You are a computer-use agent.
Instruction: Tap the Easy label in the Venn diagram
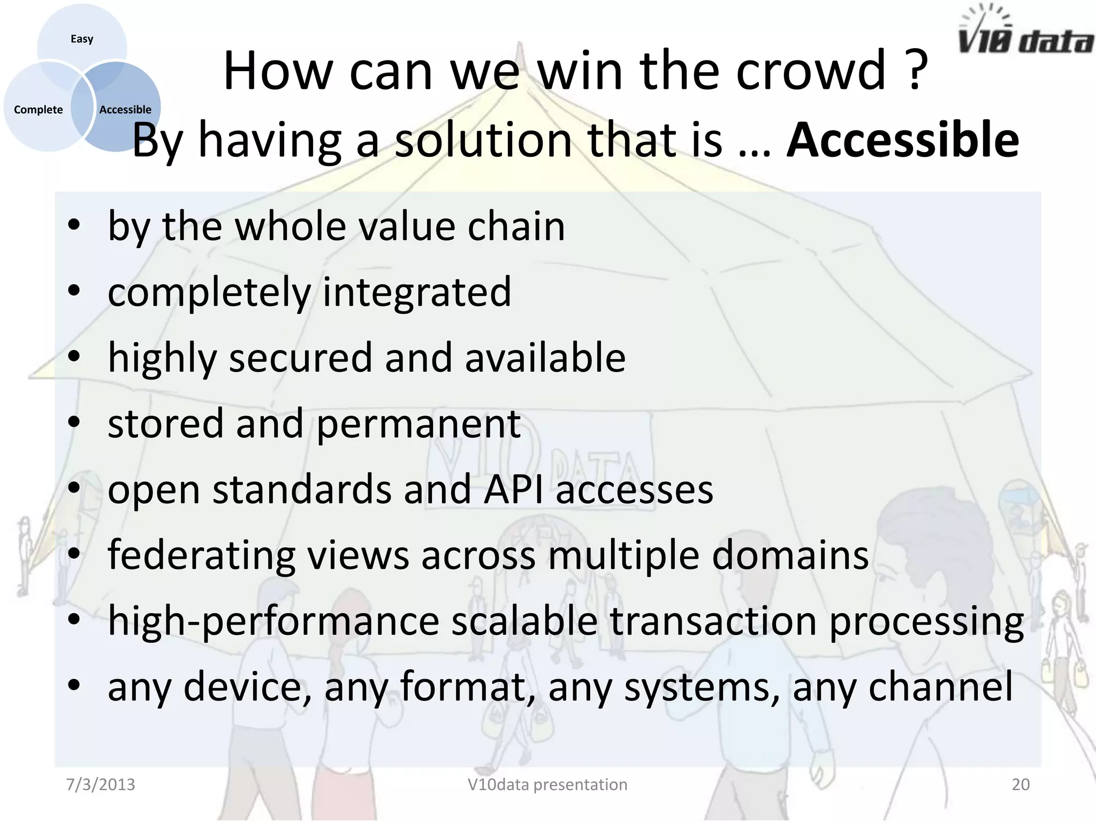click(82, 39)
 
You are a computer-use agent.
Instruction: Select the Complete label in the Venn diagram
click(38, 110)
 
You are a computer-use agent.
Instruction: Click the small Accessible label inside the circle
click(125, 110)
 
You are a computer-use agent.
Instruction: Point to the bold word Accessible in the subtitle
click(902, 140)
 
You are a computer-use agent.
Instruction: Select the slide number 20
click(1020, 785)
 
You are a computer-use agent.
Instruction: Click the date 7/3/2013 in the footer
click(101, 785)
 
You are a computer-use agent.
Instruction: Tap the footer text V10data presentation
click(547, 785)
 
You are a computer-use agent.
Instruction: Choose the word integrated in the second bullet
click(416, 293)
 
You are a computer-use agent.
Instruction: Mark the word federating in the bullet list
click(201, 555)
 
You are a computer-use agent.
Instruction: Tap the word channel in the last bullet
click(940, 687)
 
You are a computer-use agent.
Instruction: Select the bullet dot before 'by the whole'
click(74, 225)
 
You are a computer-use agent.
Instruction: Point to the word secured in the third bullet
click(300, 357)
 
